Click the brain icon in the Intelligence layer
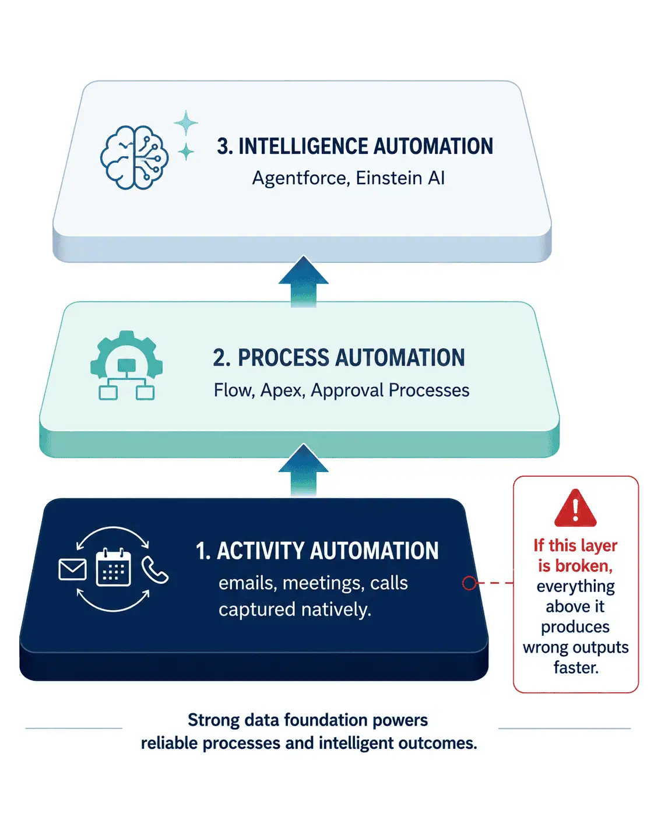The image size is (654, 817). (x=134, y=157)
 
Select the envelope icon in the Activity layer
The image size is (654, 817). (x=72, y=569)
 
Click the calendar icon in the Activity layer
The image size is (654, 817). (x=113, y=567)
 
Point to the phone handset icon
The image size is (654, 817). (x=154, y=569)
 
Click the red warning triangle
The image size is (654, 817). (x=575, y=508)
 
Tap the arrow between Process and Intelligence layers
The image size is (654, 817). (x=304, y=281)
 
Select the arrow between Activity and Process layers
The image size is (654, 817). (x=304, y=470)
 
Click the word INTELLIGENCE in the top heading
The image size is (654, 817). (x=303, y=146)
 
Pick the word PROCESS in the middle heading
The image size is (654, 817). (x=284, y=358)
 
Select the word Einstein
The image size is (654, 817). (x=389, y=178)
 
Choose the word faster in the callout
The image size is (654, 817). (x=576, y=667)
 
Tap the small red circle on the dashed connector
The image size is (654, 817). (x=469, y=583)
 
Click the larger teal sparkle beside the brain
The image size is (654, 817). (x=186, y=122)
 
